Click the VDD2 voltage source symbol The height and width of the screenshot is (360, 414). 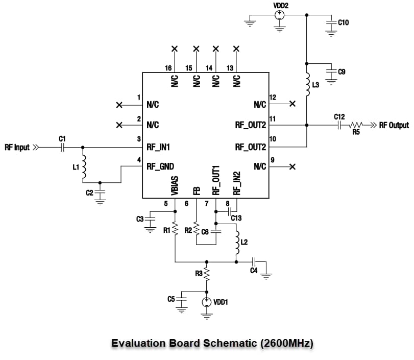[279, 15]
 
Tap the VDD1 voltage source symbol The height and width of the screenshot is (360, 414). [206, 302]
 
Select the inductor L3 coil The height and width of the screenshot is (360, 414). [307, 84]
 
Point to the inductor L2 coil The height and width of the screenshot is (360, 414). [237, 244]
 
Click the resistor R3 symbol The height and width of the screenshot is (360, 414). [206, 274]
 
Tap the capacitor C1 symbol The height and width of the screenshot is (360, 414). [62, 148]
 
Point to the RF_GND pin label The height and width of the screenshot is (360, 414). [160, 166]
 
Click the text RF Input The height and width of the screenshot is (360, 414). [17, 148]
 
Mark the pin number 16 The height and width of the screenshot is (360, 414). [168, 68]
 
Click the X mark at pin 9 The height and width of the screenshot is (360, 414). [292, 166]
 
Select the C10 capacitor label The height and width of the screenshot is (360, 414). [343, 22]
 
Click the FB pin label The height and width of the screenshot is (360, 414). [196, 190]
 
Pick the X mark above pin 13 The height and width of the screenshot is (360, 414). [236, 49]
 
